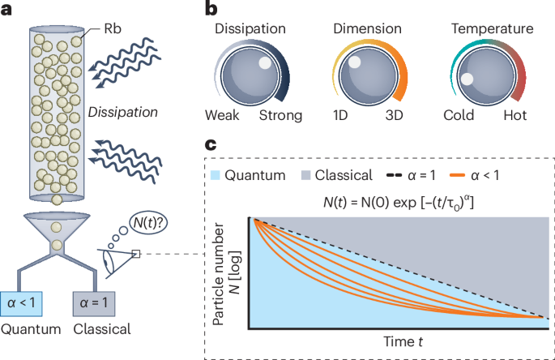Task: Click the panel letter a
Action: (x=9, y=10)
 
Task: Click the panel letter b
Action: (x=211, y=10)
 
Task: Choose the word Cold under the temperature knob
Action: (x=459, y=115)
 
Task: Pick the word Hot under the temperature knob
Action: (x=514, y=115)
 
